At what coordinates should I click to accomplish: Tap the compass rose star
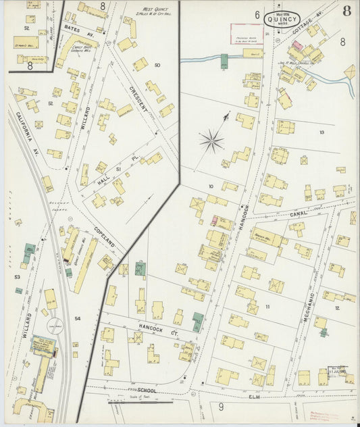pos(211,141)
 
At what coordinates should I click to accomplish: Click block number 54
pos(78,318)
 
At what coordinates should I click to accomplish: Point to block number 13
pos(322,132)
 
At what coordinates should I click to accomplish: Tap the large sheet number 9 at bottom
pos(220,407)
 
